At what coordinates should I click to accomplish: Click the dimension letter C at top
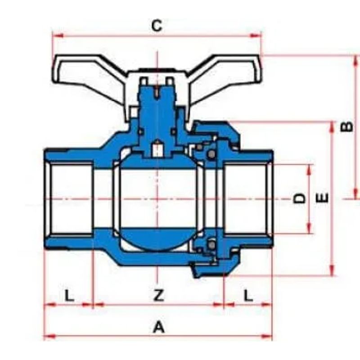point(157,26)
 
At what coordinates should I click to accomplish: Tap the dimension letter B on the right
point(346,126)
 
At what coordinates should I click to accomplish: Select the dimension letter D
point(300,198)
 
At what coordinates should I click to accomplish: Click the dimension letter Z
point(158,295)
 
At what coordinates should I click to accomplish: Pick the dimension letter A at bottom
point(159,327)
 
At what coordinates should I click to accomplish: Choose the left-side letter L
point(69,296)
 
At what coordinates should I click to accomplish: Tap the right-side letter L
point(248,296)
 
